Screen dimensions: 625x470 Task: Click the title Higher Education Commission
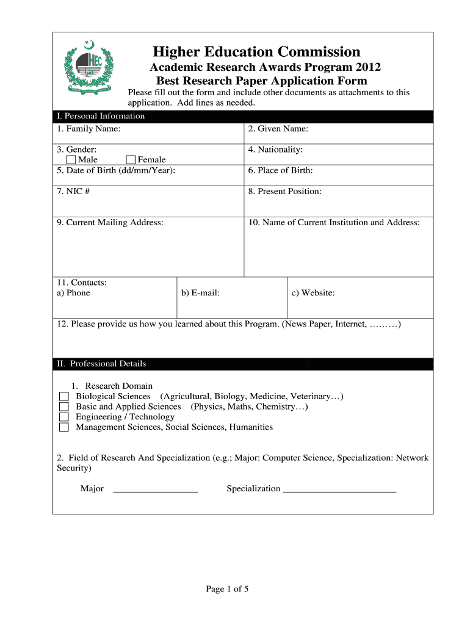pos(256,52)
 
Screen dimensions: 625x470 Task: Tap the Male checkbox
pos(71,160)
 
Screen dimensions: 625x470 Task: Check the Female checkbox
pos(131,160)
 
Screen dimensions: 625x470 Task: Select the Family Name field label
pos(89,129)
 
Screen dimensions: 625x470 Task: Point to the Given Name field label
pos(278,129)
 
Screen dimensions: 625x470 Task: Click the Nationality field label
pos(275,150)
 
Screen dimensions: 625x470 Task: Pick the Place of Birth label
pos(280,170)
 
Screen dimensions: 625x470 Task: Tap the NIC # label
pos(73,191)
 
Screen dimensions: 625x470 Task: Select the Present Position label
pos(284,191)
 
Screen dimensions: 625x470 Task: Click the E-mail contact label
pos(200,293)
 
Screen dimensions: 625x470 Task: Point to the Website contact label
pos(313,293)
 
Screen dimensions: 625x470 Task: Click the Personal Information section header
pos(101,116)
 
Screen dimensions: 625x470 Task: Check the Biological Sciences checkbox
pos(64,397)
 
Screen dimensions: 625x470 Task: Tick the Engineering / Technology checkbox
pos(64,417)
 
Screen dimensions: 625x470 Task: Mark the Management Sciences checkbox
pos(64,427)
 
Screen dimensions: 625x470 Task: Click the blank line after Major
pos(156,490)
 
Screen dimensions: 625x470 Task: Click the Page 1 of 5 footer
pos(227,589)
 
